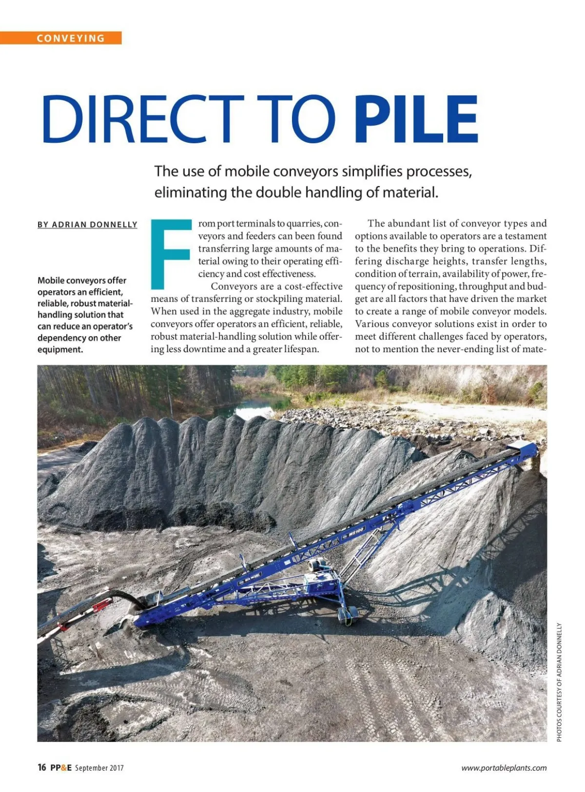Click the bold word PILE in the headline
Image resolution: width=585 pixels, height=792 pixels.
(416, 120)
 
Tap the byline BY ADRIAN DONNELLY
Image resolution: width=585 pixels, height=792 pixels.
(87, 225)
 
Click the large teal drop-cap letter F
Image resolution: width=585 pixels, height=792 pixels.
(171, 253)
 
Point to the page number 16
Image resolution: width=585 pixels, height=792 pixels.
(42, 768)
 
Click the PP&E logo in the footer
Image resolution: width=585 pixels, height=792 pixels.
(61, 768)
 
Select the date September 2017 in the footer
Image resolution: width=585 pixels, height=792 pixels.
(99, 768)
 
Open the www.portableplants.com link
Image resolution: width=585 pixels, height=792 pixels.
(504, 768)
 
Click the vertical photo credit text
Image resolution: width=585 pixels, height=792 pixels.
(559, 682)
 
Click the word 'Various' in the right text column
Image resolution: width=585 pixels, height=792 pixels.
(371, 324)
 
